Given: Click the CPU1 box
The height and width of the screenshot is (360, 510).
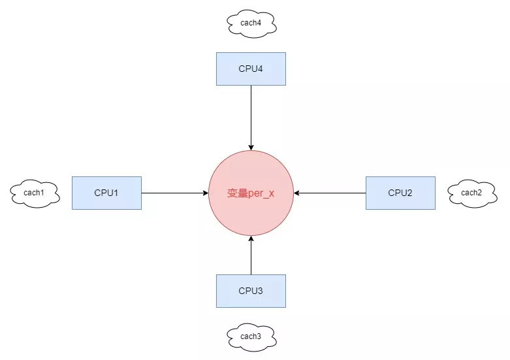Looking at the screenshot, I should click(106, 193).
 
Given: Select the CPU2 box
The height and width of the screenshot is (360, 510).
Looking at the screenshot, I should click(400, 193).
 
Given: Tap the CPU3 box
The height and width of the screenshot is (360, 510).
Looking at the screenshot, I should click(251, 291).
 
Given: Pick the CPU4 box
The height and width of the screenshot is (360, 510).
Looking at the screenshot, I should click(251, 69).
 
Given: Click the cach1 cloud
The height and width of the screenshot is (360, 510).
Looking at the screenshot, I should click(34, 193).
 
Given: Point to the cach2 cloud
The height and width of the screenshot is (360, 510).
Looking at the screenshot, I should click(471, 193).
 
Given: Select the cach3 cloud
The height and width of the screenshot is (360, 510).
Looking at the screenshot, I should click(251, 336).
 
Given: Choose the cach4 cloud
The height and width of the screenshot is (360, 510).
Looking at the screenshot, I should click(251, 24).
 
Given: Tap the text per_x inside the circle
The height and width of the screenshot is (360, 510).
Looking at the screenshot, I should click(261, 193).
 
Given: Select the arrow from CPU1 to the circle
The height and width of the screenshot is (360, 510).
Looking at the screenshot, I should click(173, 193).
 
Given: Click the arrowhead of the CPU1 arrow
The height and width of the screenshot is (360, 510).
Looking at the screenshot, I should click(205, 193).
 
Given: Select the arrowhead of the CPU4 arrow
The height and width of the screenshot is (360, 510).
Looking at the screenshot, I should click(251, 147).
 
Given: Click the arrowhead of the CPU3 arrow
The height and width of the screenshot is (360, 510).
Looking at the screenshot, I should click(251, 239).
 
